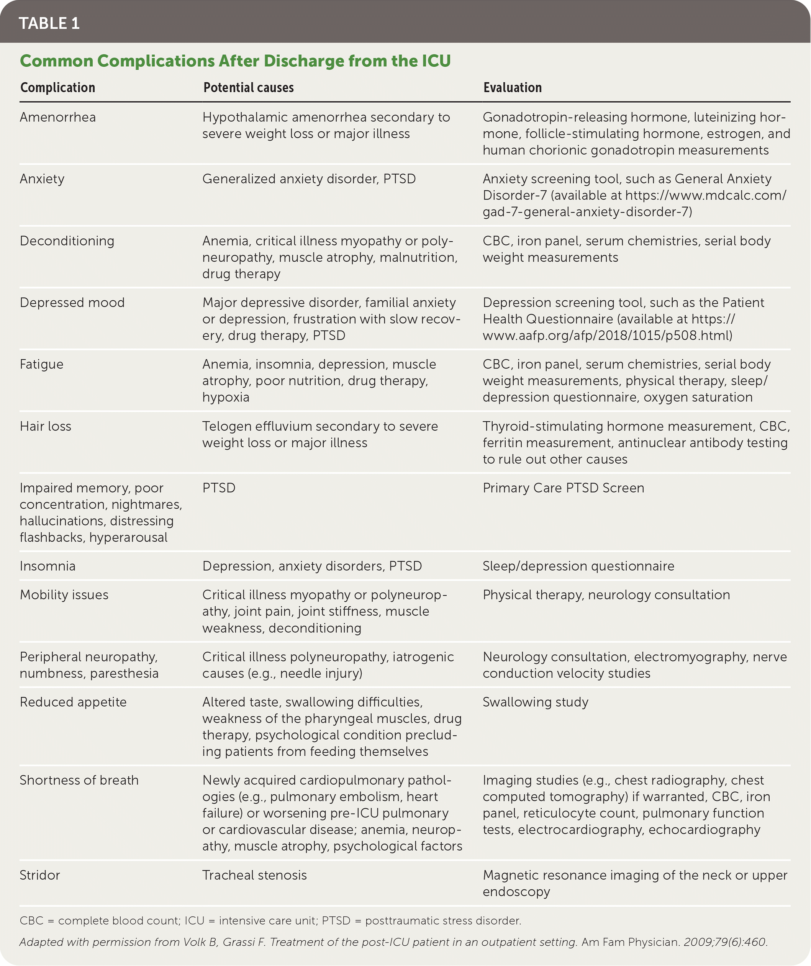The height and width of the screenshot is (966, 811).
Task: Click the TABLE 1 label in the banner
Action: [49, 23]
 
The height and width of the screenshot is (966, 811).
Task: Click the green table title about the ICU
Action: [235, 61]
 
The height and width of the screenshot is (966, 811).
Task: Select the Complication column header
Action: [57, 87]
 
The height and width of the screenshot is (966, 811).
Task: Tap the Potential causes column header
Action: [248, 87]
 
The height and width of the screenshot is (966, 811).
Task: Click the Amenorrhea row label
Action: [57, 117]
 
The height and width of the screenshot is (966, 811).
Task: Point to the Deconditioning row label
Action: [67, 241]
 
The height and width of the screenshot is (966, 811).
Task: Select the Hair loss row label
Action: [45, 426]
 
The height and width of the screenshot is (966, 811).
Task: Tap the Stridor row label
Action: [39, 874]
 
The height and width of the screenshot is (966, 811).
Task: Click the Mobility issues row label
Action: [64, 594]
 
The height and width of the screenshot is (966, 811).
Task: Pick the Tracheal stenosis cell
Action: [254, 874]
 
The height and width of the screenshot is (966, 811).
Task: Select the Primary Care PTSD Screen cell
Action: [563, 488]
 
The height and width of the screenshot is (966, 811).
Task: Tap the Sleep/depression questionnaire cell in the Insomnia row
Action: [578, 566]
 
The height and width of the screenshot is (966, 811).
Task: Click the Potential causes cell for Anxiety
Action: [309, 178]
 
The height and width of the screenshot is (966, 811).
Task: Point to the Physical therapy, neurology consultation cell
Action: [606, 594]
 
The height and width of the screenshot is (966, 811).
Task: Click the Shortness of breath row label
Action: [79, 780]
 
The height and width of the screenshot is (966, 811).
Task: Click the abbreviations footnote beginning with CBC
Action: [270, 920]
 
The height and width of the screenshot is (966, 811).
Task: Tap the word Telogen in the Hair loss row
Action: [224, 426]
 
